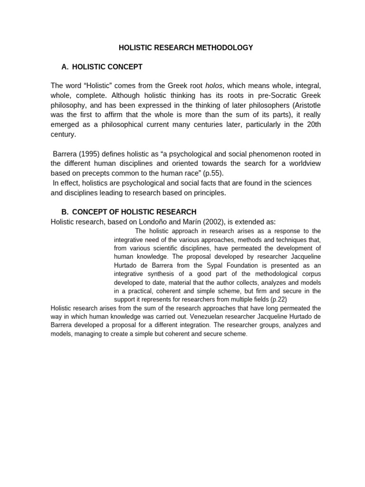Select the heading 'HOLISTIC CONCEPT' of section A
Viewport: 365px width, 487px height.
pos(107,67)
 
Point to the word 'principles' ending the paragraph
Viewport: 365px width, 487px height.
pos(210,193)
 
